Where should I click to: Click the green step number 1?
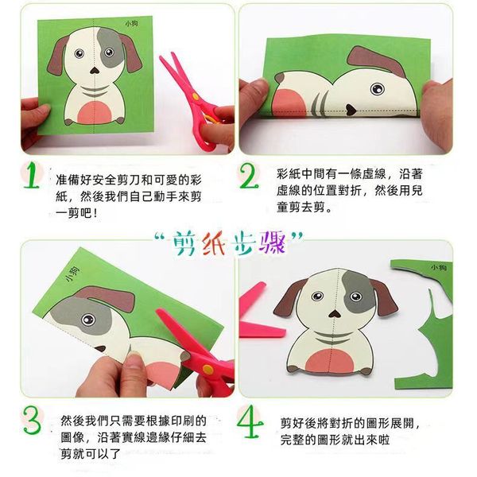tap(31, 176)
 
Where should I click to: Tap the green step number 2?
tap(249, 176)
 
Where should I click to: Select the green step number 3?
tap(32, 421)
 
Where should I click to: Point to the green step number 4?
tap(250, 421)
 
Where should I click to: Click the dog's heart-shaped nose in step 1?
tap(95, 71)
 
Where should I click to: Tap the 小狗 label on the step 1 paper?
tap(131, 23)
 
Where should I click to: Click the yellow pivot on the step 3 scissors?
tap(208, 370)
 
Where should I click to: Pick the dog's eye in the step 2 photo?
tap(377, 89)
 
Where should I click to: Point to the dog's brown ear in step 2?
tap(377, 61)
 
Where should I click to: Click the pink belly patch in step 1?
tap(95, 113)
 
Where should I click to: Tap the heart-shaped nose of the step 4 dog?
tap(335, 314)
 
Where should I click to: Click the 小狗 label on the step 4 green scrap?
tap(438, 267)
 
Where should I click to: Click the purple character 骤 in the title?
tap(272, 242)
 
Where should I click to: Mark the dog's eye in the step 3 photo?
tap(88, 319)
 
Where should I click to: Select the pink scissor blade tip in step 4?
tap(283, 332)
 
